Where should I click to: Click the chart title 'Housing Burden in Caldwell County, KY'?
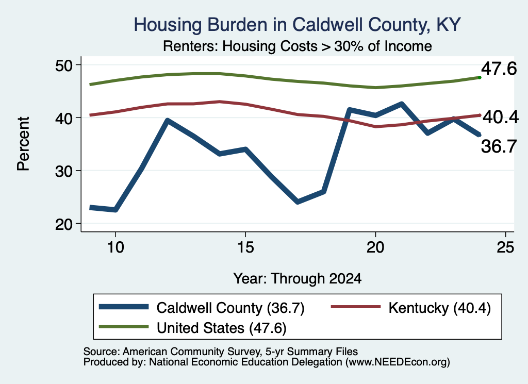pos(297,25)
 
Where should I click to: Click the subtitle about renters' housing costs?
pos(298,46)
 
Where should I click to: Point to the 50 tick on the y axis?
pos(63,65)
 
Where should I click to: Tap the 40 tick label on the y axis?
pos(63,118)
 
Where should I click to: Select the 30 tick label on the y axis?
pos(63,171)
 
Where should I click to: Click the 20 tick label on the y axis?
pos(63,224)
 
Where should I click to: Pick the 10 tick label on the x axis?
pos(115,247)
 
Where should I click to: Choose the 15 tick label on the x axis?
pos(245,247)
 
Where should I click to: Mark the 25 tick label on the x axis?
pos(505,247)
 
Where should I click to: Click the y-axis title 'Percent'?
pos(23,144)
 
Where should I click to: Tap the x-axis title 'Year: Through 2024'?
pos(298,279)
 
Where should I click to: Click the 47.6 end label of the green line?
pos(499,69)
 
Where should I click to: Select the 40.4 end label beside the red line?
pos(501,117)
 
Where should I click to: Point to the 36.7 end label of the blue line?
pos(499,146)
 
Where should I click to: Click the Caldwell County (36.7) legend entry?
pos(202,308)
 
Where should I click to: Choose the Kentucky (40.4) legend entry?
pos(411,308)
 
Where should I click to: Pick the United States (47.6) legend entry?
pos(193,328)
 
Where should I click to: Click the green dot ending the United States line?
pos(480,77)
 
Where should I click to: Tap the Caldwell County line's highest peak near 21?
pos(401,104)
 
